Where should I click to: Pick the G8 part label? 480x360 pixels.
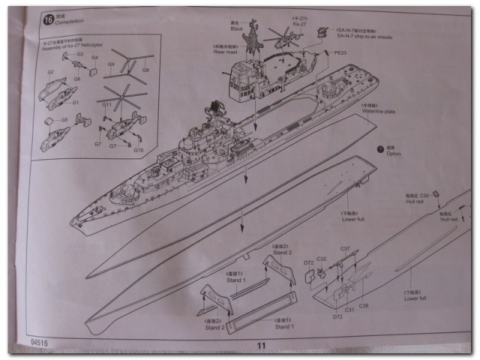point(145,70)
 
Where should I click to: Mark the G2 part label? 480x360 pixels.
point(51,72)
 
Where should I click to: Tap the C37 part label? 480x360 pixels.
point(345,248)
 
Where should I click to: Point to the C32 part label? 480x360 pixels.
point(320,259)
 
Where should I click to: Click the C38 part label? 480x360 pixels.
point(363,307)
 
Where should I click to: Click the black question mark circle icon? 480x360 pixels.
point(380,150)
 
